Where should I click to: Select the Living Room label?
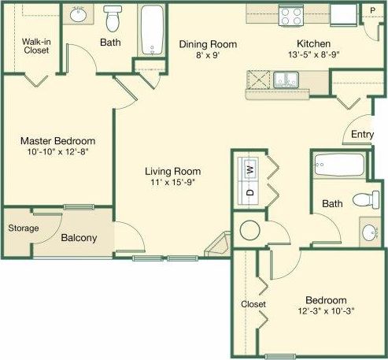172,171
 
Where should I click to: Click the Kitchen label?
312,44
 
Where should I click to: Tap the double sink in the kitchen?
286,79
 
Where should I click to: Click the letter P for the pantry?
373,10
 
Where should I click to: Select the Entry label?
363,135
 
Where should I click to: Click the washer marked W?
250,168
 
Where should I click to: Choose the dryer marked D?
250,191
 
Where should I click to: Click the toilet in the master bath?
112,16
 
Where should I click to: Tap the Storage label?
24,228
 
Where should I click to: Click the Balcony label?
79,237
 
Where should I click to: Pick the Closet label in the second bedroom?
253,304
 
